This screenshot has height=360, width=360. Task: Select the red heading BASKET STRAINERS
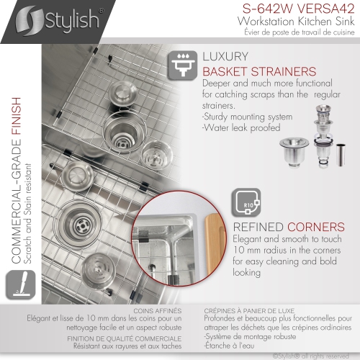point(259,72)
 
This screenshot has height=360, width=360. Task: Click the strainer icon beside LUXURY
point(183,63)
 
